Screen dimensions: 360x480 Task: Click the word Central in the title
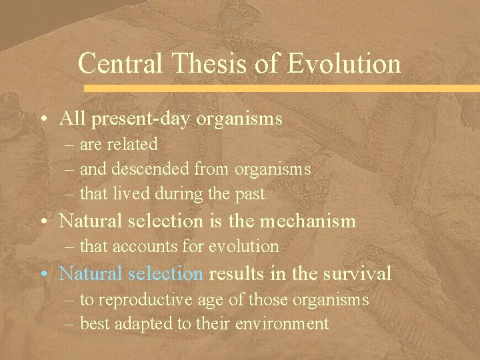[119, 64]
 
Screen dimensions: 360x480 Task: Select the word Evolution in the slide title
[344, 64]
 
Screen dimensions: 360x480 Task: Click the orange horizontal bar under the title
[280, 88]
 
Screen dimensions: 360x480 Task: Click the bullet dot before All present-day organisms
[43, 120]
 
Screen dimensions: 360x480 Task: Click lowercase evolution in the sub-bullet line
[245, 247]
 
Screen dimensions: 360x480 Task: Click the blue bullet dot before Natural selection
[43, 274]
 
